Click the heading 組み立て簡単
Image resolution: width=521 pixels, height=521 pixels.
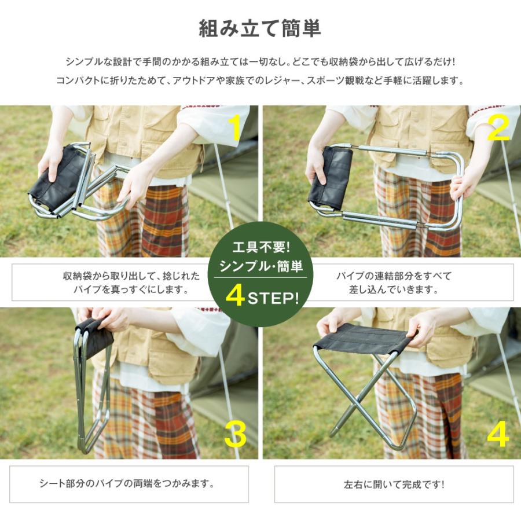pos(260,28)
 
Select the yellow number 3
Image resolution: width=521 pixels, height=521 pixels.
pos(235,434)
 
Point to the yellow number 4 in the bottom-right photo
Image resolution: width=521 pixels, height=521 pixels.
pos(498,434)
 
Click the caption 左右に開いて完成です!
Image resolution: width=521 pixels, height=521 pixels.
pos(394,484)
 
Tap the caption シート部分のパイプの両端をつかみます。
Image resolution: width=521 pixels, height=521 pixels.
pos(129,484)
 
